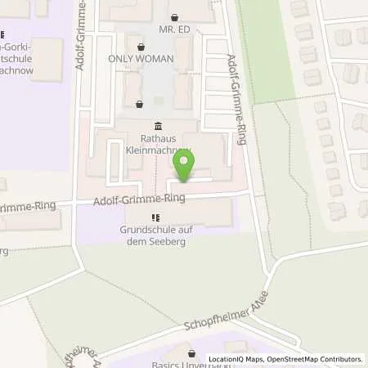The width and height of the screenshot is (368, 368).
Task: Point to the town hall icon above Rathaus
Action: coord(157,125)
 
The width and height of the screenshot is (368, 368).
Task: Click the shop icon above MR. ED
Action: coord(173,17)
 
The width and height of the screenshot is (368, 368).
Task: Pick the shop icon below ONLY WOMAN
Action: coord(139,104)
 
